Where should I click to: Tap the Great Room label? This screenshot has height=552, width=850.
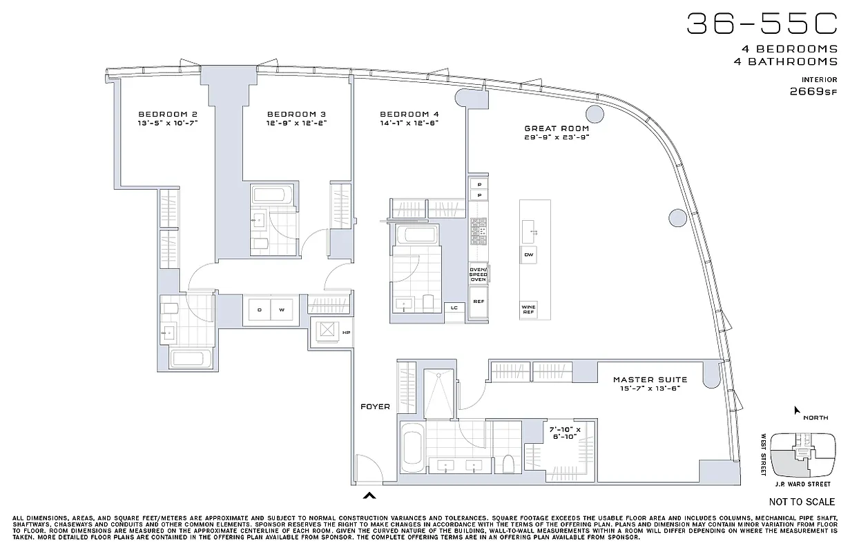coord(556,128)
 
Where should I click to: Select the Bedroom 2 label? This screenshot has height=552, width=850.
coord(168,114)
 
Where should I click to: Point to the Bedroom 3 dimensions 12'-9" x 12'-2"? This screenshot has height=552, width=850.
coord(296,123)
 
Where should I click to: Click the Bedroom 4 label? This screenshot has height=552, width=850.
coord(409,114)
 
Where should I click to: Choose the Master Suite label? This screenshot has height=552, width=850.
coord(650,379)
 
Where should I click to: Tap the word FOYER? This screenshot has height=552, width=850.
coord(375,406)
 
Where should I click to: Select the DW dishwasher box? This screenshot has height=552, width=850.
coord(529,255)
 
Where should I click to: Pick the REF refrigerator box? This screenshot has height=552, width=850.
coord(478,302)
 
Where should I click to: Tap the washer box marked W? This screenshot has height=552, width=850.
coord(282,310)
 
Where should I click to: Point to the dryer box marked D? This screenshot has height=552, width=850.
coord(259,310)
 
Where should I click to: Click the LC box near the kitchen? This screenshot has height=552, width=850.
coord(454,308)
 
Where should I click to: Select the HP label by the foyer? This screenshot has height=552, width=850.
coord(347,333)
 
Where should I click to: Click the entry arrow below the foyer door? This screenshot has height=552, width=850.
coord(370,494)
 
